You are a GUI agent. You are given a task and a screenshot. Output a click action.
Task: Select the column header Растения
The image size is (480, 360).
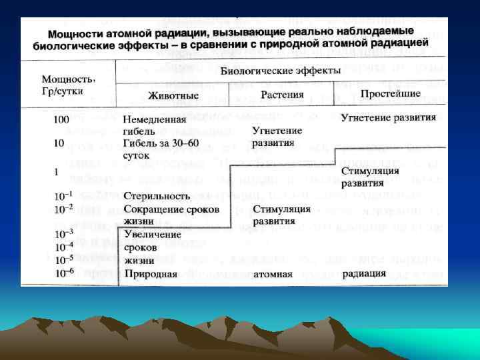(x=281, y=93)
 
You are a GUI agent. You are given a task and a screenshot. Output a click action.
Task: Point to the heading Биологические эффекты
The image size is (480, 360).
(x=281, y=70)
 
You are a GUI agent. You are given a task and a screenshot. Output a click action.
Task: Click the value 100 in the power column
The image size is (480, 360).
(x=62, y=119)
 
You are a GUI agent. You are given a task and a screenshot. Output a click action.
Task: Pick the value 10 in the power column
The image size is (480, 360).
(x=59, y=143)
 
